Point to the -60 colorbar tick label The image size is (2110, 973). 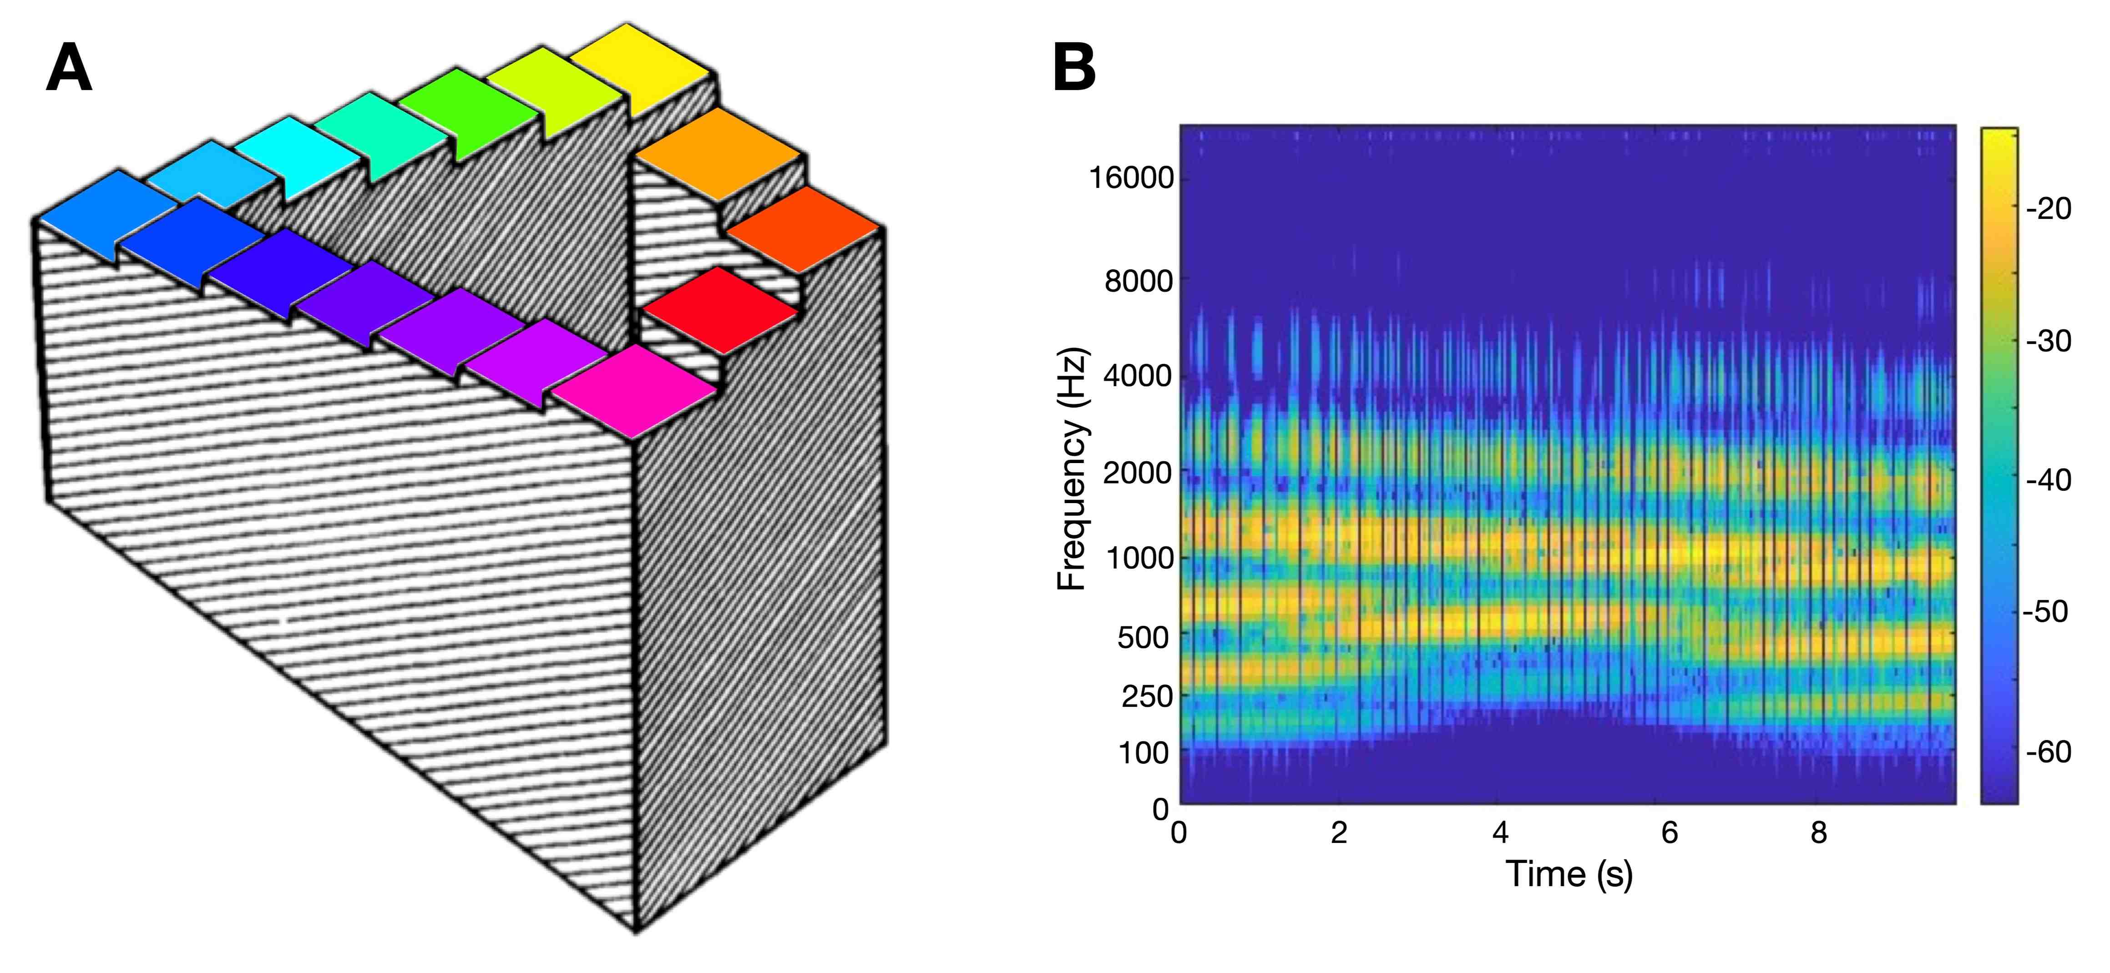coord(2048,751)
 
